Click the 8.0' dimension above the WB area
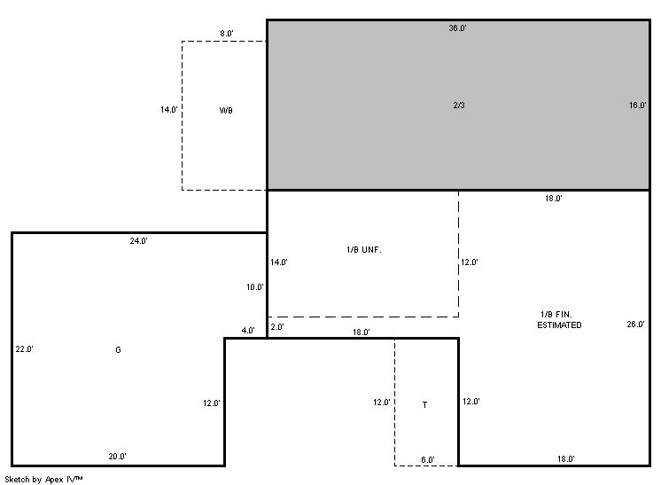point(226,34)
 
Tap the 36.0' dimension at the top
point(457,27)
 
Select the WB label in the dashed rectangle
point(226,111)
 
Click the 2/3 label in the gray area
point(459,105)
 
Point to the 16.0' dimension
point(637,105)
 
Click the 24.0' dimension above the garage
point(139,241)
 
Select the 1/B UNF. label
point(364,250)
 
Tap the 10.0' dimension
point(255,286)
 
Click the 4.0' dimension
point(248,330)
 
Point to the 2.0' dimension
point(277,327)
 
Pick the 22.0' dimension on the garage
point(25,348)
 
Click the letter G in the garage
point(118,349)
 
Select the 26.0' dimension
point(635,324)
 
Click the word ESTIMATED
point(559,325)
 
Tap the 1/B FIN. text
point(556,315)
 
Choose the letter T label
point(424,405)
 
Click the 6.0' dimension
point(428,459)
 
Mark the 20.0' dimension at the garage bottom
point(117,456)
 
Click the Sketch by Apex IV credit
point(43,480)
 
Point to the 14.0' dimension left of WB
point(168,110)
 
